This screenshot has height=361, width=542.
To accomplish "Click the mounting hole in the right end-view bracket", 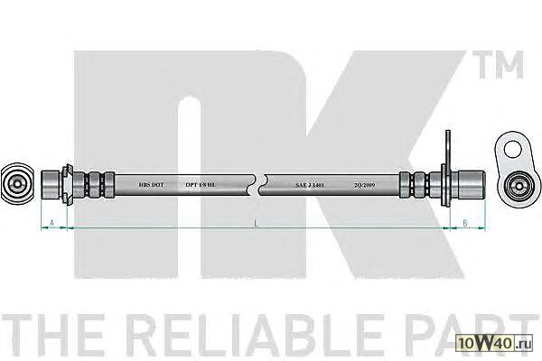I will [x=509, y=149].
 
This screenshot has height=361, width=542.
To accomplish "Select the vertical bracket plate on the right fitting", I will [x=445, y=176].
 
